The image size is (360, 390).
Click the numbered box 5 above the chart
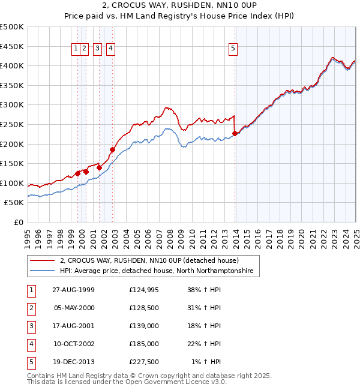[233, 50]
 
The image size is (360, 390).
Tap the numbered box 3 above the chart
[97, 50]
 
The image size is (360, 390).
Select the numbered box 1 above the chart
[76, 50]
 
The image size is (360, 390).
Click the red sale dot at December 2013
[235, 133]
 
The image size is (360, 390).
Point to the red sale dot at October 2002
[112, 149]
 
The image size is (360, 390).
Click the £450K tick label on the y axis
[12, 46]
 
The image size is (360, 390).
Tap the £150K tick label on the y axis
[12, 163]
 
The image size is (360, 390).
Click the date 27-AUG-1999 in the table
[73, 290]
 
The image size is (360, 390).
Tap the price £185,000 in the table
[144, 344]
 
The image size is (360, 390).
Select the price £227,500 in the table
[144, 362]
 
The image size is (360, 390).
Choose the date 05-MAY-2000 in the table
[73, 308]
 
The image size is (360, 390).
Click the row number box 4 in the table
[31, 344]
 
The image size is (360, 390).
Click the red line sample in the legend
[43, 261]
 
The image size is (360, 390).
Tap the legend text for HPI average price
[157, 271]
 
